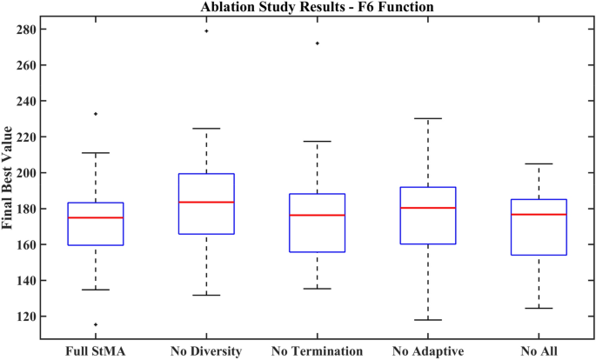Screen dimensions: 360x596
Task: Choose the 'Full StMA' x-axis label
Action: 96,351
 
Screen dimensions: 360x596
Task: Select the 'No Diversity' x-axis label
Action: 206,351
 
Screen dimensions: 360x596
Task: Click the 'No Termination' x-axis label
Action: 317,351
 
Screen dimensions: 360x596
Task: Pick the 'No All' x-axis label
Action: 539,351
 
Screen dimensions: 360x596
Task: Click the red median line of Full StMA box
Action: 96,217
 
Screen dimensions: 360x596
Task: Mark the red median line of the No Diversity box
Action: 206,202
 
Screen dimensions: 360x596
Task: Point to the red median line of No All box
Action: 539,214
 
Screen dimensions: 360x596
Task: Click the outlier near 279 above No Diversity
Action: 206,30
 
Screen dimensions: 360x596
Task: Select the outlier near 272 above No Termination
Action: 317,43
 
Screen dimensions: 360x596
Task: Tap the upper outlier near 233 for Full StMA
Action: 96,113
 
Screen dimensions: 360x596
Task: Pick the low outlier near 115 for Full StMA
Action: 96,324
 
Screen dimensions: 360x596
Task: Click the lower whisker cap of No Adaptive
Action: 428,320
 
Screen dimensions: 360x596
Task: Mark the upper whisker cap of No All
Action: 539,163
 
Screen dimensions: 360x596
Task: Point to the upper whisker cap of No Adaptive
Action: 428,118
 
